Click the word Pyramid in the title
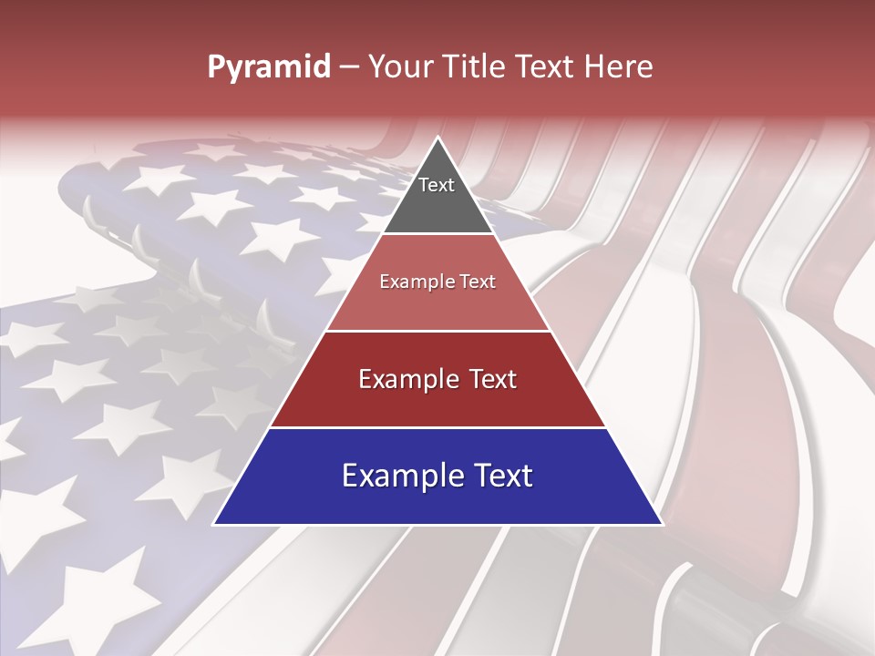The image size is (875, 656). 268,67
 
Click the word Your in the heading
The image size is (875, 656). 398,67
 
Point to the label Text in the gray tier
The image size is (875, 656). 437,185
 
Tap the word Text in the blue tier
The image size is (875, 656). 501,476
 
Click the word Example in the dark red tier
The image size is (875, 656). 406,379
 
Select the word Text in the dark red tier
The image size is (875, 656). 489,379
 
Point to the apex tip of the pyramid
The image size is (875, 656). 437,139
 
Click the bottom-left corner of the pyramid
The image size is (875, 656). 215,523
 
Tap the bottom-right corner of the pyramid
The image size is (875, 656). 660,523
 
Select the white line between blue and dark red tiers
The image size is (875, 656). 437,427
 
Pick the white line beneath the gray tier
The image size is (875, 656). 437,234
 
